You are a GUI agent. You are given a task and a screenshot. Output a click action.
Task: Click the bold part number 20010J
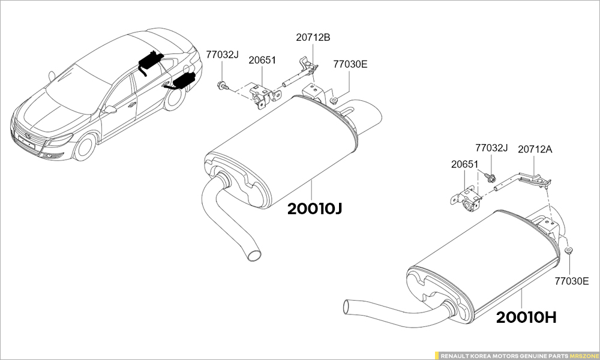pos(314,209)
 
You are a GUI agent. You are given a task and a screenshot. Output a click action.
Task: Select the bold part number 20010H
pos(527,317)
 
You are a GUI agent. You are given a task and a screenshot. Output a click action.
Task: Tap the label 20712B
pos(313,37)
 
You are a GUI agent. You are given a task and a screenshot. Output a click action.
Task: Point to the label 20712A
pos(535,149)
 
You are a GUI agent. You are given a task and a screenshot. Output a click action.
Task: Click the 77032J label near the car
pos(222,55)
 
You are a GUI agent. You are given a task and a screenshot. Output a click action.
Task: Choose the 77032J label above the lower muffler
pos(491,148)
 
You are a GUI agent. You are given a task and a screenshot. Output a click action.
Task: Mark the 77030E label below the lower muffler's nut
pos(572,280)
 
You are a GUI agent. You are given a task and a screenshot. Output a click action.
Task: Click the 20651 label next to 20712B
pos(262,60)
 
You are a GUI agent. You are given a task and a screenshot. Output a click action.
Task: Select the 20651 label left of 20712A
pos(464,164)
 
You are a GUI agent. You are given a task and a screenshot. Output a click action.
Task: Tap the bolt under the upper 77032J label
pos(223,85)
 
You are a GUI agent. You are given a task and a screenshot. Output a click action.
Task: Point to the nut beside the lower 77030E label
pos(568,250)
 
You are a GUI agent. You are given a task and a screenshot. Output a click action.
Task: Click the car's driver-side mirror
pos(110,109)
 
